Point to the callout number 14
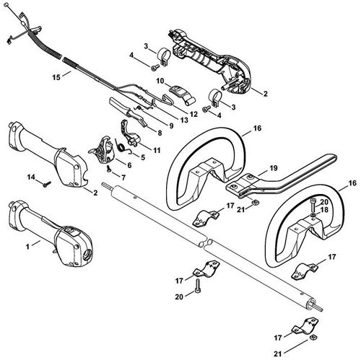(31, 177)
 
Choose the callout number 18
(324, 210)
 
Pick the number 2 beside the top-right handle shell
(266, 94)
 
